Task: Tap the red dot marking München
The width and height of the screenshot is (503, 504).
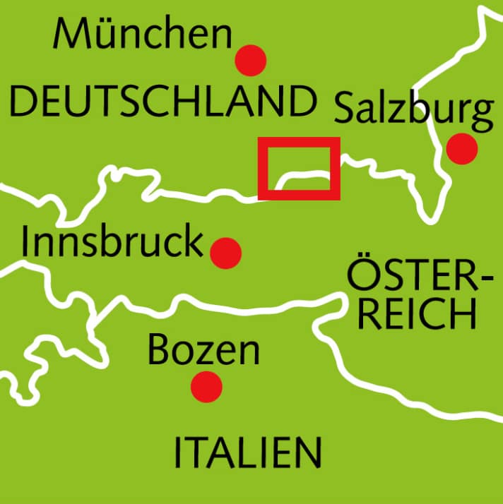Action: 251,61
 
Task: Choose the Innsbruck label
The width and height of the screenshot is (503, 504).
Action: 112,242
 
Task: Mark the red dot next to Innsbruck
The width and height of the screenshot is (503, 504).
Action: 225,252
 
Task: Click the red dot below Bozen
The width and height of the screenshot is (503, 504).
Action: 207,386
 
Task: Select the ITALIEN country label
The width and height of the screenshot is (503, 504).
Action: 247,452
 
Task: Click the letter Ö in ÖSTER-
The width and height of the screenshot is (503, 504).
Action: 361,277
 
